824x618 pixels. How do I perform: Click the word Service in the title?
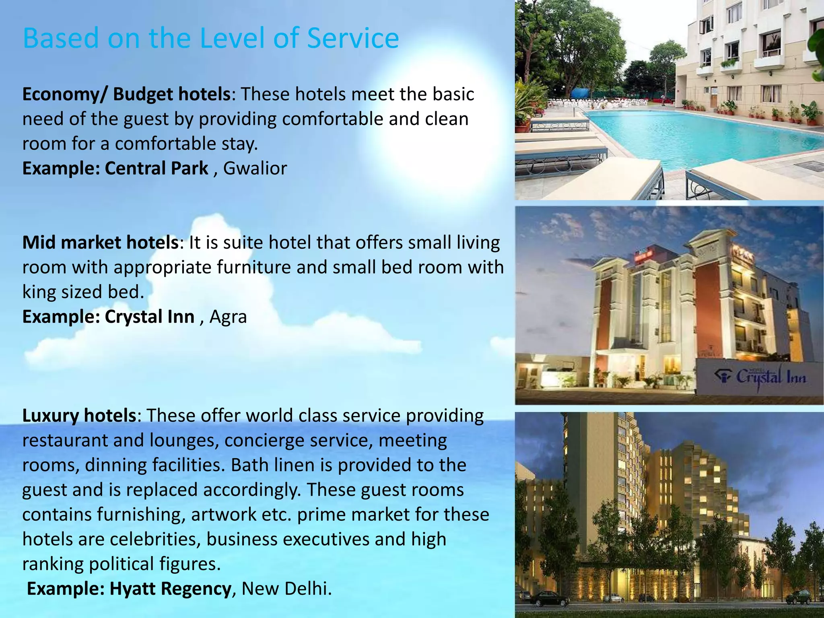353,38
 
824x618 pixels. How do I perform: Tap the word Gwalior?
255,168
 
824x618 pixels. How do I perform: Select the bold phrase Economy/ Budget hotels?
126,95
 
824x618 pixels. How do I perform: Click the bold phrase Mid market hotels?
101,243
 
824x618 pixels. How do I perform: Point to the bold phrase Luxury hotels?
79,416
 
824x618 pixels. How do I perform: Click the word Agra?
228,317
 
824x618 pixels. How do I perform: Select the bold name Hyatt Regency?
170,589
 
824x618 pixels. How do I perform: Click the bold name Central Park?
157,168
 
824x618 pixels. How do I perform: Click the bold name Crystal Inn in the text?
150,317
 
